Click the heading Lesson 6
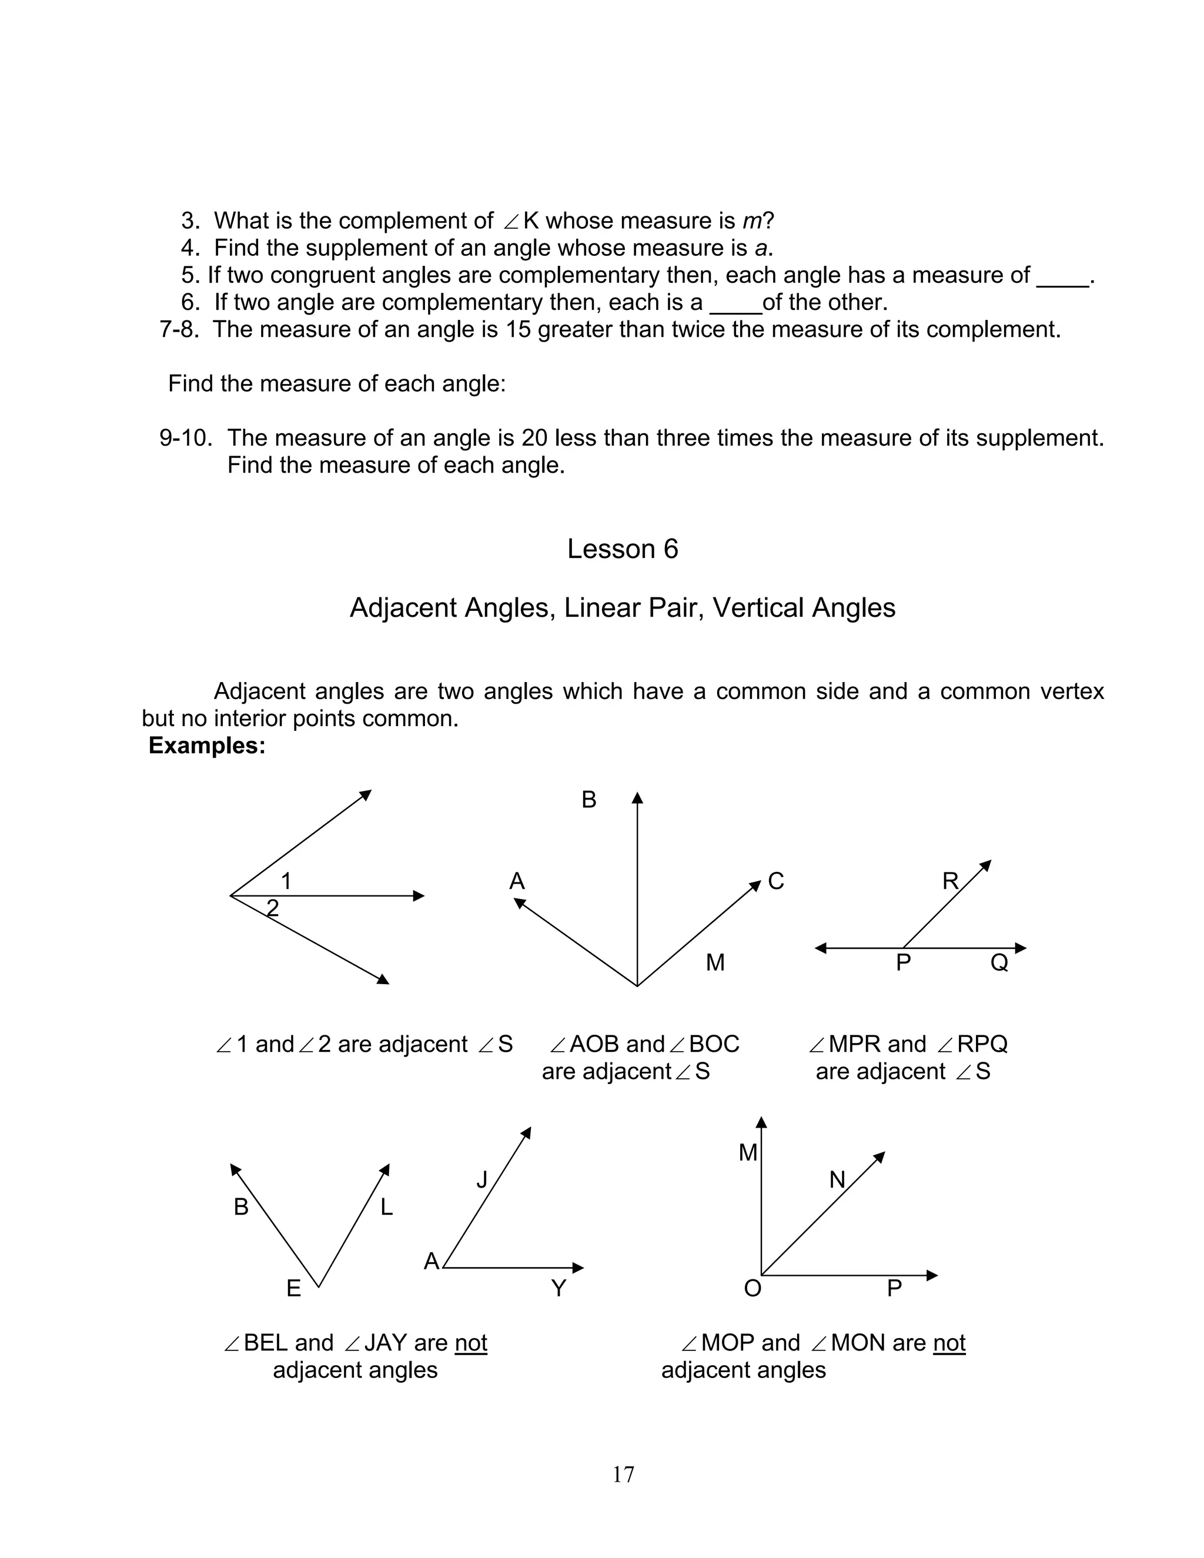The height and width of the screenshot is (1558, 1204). [x=623, y=549]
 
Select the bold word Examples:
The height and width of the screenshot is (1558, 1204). [x=207, y=745]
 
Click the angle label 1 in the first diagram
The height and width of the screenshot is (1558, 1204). [x=286, y=882]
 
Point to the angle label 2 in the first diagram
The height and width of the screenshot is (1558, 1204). [x=272, y=908]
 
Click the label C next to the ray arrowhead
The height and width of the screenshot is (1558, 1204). [x=776, y=882]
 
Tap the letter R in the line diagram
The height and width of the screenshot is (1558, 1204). [x=950, y=882]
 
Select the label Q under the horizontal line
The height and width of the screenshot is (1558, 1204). [x=999, y=963]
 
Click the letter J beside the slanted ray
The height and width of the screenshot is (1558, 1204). [x=482, y=1181]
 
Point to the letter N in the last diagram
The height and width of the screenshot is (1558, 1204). [x=837, y=1181]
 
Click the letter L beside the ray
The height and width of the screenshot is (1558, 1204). [x=387, y=1208]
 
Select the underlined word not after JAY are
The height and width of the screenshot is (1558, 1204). [x=471, y=1343]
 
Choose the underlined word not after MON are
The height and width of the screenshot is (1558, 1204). [x=949, y=1343]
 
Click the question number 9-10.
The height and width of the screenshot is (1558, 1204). [x=185, y=438]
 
